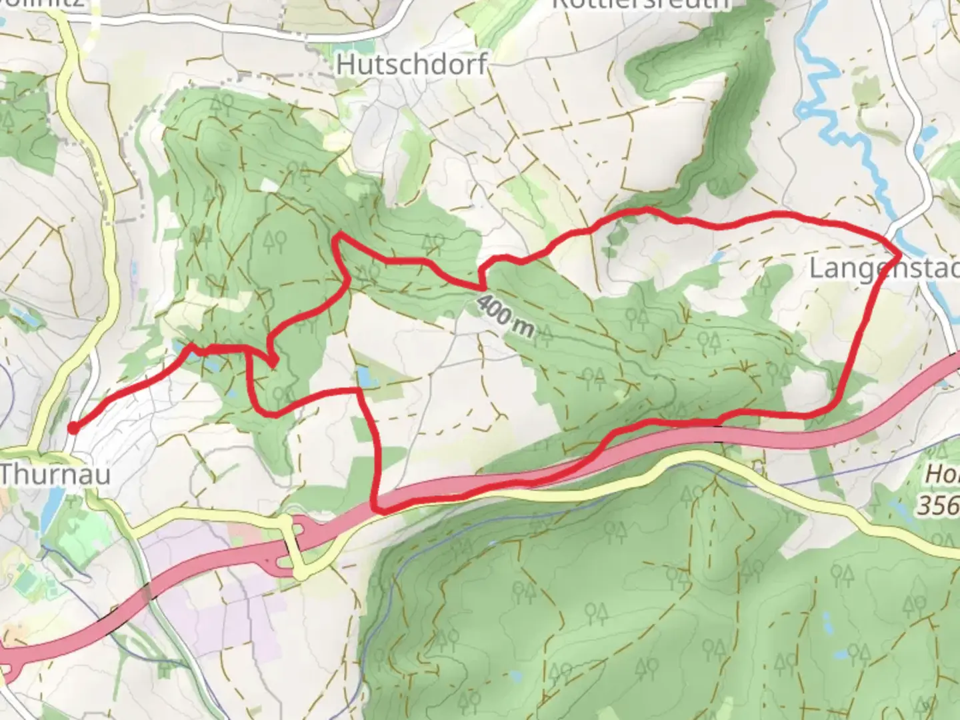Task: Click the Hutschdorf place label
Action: click(411, 65)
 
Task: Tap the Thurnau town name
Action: click(55, 474)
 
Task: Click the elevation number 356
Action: click(939, 505)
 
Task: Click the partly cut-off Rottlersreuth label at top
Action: click(640, 5)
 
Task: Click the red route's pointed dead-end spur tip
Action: click(273, 362)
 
